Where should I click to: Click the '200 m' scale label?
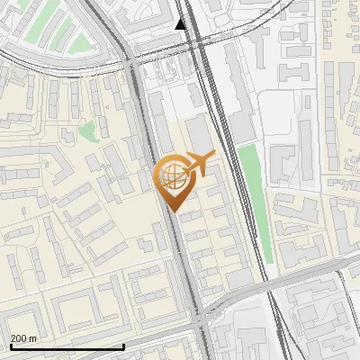click(x=22, y=338)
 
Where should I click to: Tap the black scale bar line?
click(x=67, y=346)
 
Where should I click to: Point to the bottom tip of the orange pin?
click(x=174, y=211)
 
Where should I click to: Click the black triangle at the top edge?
click(x=181, y=23)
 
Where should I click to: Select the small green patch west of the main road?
click(x=88, y=132)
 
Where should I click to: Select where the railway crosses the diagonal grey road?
click(x=270, y=285)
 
